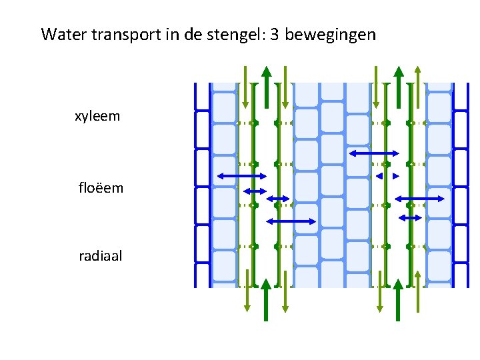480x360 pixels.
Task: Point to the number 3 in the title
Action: pyautogui.click(x=275, y=35)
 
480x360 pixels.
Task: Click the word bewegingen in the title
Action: pyautogui.click(x=331, y=35)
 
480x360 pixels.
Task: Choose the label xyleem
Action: pyautogui.click(x=97, y=116)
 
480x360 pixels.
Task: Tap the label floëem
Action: pyautogui.click(x=101, y=188)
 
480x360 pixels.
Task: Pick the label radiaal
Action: pyautogui.click(x=100, y=255)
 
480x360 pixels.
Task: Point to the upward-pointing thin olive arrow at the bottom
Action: pyautogui.click(x=418, y=291)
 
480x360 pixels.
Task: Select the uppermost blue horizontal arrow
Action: pyautogui.click(x=374, y=153)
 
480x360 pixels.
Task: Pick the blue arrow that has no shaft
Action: pyautogui.click(x=387, y=176)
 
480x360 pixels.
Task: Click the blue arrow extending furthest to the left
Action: pyautogui.click(x=242, y=175)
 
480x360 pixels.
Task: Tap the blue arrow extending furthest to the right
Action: pyautogui.click(x=420, y=198)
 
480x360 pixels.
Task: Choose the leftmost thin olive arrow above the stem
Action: pyautogui.click(x=245, y=87)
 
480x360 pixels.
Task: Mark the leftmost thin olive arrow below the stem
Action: pyautogui.click(x=247, y=291)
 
